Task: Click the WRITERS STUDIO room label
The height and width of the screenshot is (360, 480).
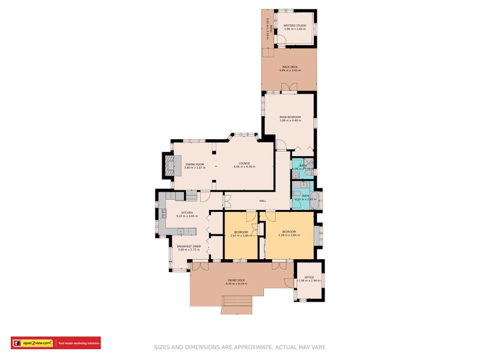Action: click(295, 25)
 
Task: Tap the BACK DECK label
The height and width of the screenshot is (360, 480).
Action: click(290, 67)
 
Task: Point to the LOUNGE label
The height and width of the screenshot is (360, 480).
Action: click(244, 163)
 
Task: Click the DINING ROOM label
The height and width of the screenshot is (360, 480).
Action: click(195, 164)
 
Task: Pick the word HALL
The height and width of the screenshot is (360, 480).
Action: click(262, 200)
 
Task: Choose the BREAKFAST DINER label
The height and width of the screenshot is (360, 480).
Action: click(188, 246)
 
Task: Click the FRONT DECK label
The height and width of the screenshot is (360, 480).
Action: click(236, 281)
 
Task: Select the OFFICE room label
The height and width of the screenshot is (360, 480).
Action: click(309, 277)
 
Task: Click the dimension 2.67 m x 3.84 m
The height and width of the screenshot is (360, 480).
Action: click(241, 235)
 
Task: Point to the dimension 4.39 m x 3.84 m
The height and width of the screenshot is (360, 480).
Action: click(289, 235)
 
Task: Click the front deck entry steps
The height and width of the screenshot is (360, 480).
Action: click(236, 304)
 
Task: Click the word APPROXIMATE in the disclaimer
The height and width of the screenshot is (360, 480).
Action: click(251, 347)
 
